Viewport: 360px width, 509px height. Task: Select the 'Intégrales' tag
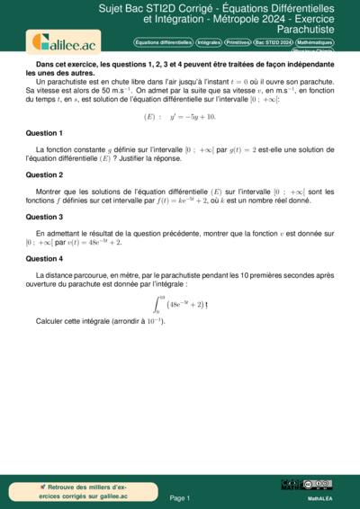[208, 42]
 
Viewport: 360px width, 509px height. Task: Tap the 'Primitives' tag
[238, 42]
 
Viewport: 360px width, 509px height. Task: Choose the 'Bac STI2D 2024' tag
[273, 42]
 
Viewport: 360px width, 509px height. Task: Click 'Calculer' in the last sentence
[51, 321]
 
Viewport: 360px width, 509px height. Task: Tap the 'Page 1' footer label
[179, 497]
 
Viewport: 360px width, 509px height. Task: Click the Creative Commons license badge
[319, 485]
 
